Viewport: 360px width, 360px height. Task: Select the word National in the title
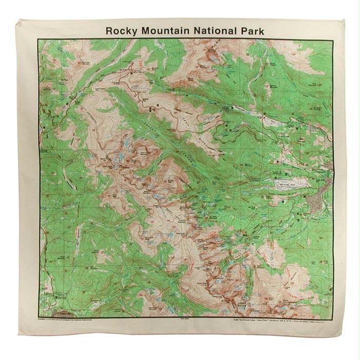pos(212,30)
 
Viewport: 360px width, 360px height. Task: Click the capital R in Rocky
pos(109,30)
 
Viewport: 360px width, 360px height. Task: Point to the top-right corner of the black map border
pos(333,39)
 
